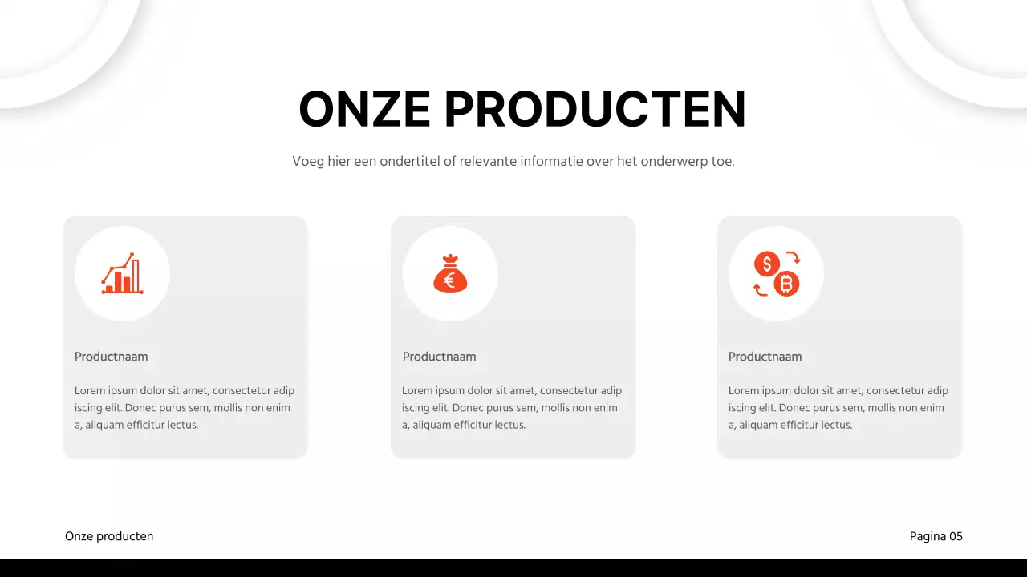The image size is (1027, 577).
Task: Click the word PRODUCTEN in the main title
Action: coord(595,109)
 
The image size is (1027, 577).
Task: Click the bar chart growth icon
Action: coord(122,273)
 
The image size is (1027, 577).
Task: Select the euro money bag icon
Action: coord(450,273)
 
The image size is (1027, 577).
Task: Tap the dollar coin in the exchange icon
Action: coord(767,264)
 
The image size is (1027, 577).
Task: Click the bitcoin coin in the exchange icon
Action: coord(786,283)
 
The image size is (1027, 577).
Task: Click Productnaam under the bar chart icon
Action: coord(111,357)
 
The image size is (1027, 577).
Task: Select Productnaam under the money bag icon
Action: coord(439,357)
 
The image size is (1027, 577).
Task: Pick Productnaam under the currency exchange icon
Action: coord(765,357)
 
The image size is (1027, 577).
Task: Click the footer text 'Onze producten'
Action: coord(109,536)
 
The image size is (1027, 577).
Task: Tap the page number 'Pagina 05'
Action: coord(936,536)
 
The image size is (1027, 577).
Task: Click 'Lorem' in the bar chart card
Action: coord(90,391)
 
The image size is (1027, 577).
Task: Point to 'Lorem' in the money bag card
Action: coord(417,391)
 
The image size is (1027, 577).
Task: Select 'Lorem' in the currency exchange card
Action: coord(744,391)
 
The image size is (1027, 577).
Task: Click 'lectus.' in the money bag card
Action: coord(509,425)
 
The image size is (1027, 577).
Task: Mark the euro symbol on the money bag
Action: coord(449,280)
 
